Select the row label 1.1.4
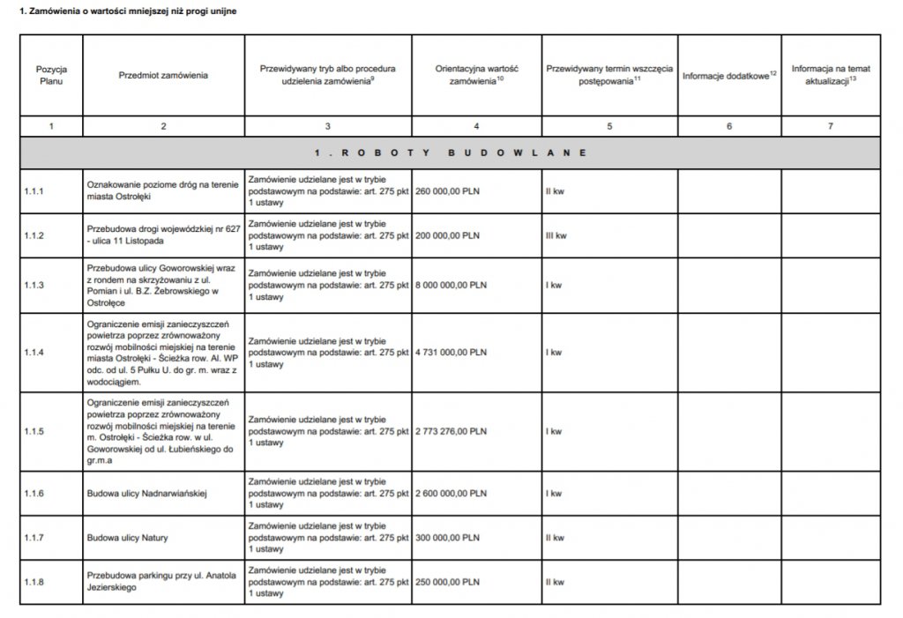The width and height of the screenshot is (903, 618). tap(34, 353)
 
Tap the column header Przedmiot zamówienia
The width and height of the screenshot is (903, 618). tap(163, 76)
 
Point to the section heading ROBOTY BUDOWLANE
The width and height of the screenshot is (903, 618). tap(451, 153)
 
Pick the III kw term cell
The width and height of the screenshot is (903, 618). tap(556, 236)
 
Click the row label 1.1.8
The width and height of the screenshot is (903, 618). tap(34, 583)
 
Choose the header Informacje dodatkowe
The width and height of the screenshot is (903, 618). tap(728, 76)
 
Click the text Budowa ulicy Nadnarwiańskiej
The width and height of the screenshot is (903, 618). tap(146, 494)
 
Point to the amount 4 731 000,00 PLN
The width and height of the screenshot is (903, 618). tap(451, 353)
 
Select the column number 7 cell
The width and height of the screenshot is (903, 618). tap(829, 126)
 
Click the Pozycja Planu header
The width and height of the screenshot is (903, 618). tap(52, 76)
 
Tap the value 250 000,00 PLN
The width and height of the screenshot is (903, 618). tap(447, 583)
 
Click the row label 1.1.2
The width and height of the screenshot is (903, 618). tap(34, 236)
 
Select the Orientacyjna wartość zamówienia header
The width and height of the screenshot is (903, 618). tap(476, 76)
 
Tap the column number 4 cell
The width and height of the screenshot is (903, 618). tap(476, 126)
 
